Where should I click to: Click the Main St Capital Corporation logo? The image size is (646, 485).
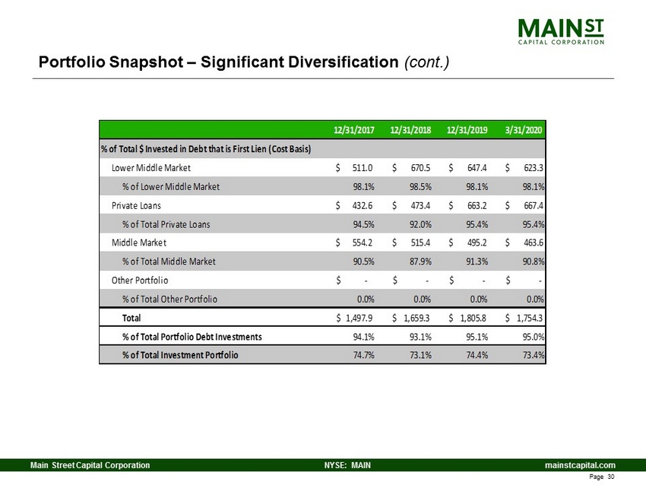pos(561,32)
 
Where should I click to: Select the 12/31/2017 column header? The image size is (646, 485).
pos(354,130)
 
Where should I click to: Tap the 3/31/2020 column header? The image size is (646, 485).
pos(524,130)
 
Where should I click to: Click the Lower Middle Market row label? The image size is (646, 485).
pos(151,168)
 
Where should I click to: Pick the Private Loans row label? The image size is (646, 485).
pos(136,205)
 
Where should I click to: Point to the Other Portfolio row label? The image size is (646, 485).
pos(140,281)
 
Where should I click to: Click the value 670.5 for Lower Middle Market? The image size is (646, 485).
pos(420,168)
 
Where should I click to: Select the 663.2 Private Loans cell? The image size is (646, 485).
pos(477,205)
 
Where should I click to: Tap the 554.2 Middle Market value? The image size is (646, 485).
pos(363,242)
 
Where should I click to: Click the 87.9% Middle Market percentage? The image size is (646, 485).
pos(420,262)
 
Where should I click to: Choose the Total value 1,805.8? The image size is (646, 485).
pos(473,318)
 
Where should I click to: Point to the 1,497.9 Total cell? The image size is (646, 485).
pos(359,318)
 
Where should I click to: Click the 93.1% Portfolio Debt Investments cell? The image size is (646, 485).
pos(420,337)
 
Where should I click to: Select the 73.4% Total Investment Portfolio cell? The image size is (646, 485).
pos(534,355)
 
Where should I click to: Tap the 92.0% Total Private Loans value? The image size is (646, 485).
pos(420,224)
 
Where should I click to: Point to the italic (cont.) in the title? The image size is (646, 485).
pos(426,62)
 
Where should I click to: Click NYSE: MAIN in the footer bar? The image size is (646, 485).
pos(347,465)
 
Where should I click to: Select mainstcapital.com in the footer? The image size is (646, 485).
pos(580,465)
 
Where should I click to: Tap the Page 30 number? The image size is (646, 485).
pos(602,477)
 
